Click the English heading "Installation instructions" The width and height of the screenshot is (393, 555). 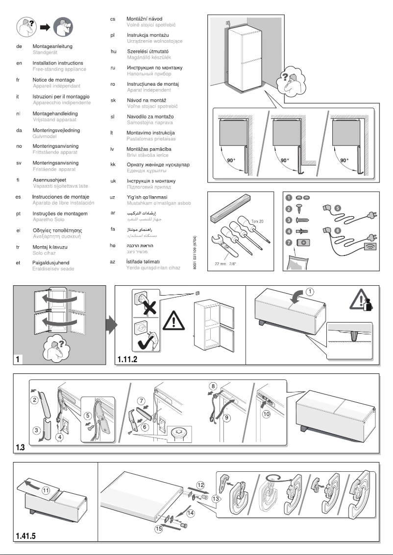click(58, 63)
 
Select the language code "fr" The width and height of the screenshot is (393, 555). click(18, 80)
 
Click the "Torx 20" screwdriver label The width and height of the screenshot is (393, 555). click(258, 221)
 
